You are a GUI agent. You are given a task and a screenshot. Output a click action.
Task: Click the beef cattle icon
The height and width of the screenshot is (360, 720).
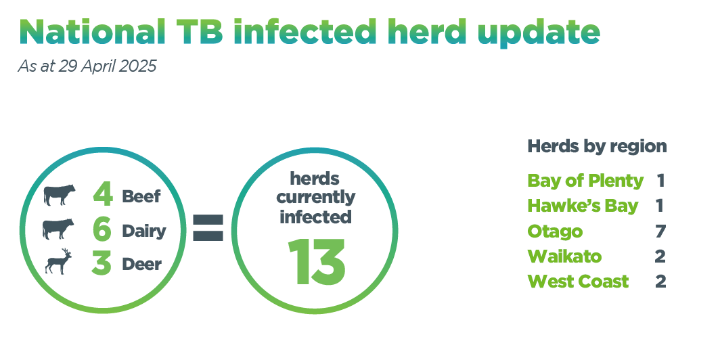[x=60, y=195]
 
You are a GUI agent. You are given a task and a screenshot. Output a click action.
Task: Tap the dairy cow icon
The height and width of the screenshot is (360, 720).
[x=58, y=229]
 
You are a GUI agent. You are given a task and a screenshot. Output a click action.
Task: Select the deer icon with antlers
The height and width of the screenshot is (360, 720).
[x=59, y=262]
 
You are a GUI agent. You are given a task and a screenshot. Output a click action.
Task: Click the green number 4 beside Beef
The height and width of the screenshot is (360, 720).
[x=102, y=195]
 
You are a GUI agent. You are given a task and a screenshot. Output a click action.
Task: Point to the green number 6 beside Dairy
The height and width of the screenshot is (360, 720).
[x=102, y=229]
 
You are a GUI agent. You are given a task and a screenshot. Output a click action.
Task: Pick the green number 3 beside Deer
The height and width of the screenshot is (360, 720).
[x=102, y=264]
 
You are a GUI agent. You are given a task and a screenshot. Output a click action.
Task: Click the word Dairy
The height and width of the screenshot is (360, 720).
[x=143, y=231]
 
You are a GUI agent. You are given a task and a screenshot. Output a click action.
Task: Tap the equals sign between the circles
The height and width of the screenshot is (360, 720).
[x=208, y=227]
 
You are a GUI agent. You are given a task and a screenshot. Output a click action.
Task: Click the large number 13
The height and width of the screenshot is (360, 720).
[x=317, y=261]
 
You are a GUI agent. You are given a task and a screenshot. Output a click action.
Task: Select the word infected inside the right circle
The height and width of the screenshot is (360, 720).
[x=315, y=217]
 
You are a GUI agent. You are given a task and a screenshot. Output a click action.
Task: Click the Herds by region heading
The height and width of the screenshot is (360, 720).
[x=597, y=146]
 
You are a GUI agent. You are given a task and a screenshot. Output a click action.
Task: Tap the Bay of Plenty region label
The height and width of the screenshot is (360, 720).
[x=585, y=181]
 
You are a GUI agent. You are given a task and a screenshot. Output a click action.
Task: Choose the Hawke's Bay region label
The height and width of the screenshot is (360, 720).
[x=583, y=206]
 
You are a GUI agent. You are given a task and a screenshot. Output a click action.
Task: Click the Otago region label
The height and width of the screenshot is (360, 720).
[x=555, y=231]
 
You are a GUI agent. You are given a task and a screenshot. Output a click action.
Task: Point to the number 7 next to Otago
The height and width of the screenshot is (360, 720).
[x=660, y=231]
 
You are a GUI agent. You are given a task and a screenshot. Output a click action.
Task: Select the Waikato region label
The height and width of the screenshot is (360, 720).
[x=564, y=256]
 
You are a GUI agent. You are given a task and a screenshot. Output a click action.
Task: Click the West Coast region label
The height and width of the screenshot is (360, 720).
[x=578, y=281]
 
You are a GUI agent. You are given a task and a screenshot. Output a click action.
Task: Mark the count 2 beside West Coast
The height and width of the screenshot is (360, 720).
[x=660, y=281]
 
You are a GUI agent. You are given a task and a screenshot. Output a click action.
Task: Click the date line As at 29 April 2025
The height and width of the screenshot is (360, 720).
[x=87, y=66]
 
